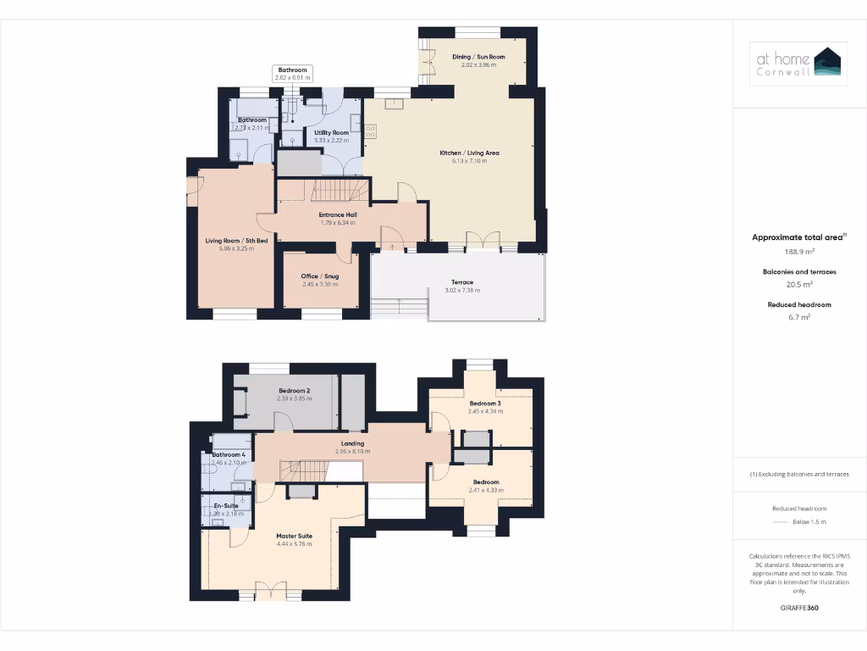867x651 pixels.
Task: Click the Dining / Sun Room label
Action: [478, 57]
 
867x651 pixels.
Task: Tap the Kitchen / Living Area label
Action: [469, 153]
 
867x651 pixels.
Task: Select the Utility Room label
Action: [331, 133]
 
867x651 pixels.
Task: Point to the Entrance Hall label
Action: [338, 215]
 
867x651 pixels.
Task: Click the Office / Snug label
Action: [320, 276]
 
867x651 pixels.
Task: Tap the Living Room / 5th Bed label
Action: [236, 241]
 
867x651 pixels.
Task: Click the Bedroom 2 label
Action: [295, 391]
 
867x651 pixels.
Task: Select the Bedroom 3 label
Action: [485, 403]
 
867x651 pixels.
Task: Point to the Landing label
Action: [352, 443]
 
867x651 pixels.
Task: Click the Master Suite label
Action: [295, 536]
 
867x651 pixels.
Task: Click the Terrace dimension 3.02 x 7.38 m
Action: [462, 291]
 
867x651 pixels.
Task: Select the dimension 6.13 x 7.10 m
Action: [469, 161]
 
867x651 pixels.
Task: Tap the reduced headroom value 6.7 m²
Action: [799, 317]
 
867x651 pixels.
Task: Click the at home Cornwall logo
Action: [799, 61]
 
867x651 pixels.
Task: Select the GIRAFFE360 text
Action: [799, 608]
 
